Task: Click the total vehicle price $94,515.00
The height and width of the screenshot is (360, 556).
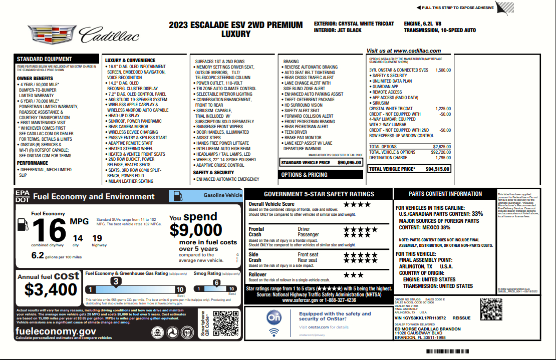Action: click(x=437, y=169)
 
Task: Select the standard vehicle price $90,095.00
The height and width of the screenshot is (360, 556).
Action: click(x=349, y=163)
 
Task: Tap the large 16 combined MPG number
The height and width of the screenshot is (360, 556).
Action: click(x=49, y=230)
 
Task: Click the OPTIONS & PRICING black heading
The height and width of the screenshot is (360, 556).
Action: click(x=304, y=175)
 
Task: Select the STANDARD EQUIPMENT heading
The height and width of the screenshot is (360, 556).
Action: click(x=45, y=59)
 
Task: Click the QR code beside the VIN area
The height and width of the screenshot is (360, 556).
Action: click(x=491, y=309)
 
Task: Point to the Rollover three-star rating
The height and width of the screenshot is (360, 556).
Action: click(x=354, y=275)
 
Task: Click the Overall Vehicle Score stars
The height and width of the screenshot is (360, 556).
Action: click(x=357, y=204)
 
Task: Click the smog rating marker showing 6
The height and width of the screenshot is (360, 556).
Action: click(x=216, y=283)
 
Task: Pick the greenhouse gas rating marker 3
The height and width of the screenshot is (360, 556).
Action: click(x=116, y=282)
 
